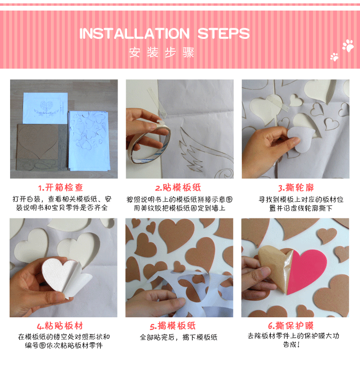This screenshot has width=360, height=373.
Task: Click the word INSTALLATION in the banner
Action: (134, 34)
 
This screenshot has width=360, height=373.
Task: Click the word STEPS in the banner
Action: (224, 34)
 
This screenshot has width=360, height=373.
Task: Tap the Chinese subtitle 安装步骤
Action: (162, 52)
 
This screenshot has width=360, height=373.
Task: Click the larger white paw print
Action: (348, 46)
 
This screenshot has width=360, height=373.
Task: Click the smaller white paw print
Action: (334, 57)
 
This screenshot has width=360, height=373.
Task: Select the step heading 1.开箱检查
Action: (60, 188)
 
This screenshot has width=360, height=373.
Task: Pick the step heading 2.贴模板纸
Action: (178, 188)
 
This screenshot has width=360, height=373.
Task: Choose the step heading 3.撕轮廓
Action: (296, 188)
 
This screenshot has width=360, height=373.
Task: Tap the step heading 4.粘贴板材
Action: (60, 326)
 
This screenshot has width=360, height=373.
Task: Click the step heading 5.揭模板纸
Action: (173, 326)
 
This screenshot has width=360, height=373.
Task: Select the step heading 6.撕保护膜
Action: (291, 325)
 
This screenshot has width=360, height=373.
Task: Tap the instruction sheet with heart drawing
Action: (45, 108)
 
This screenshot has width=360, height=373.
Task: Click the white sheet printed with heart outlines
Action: (88, 140)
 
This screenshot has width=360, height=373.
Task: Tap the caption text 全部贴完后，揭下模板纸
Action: (179, 337)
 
